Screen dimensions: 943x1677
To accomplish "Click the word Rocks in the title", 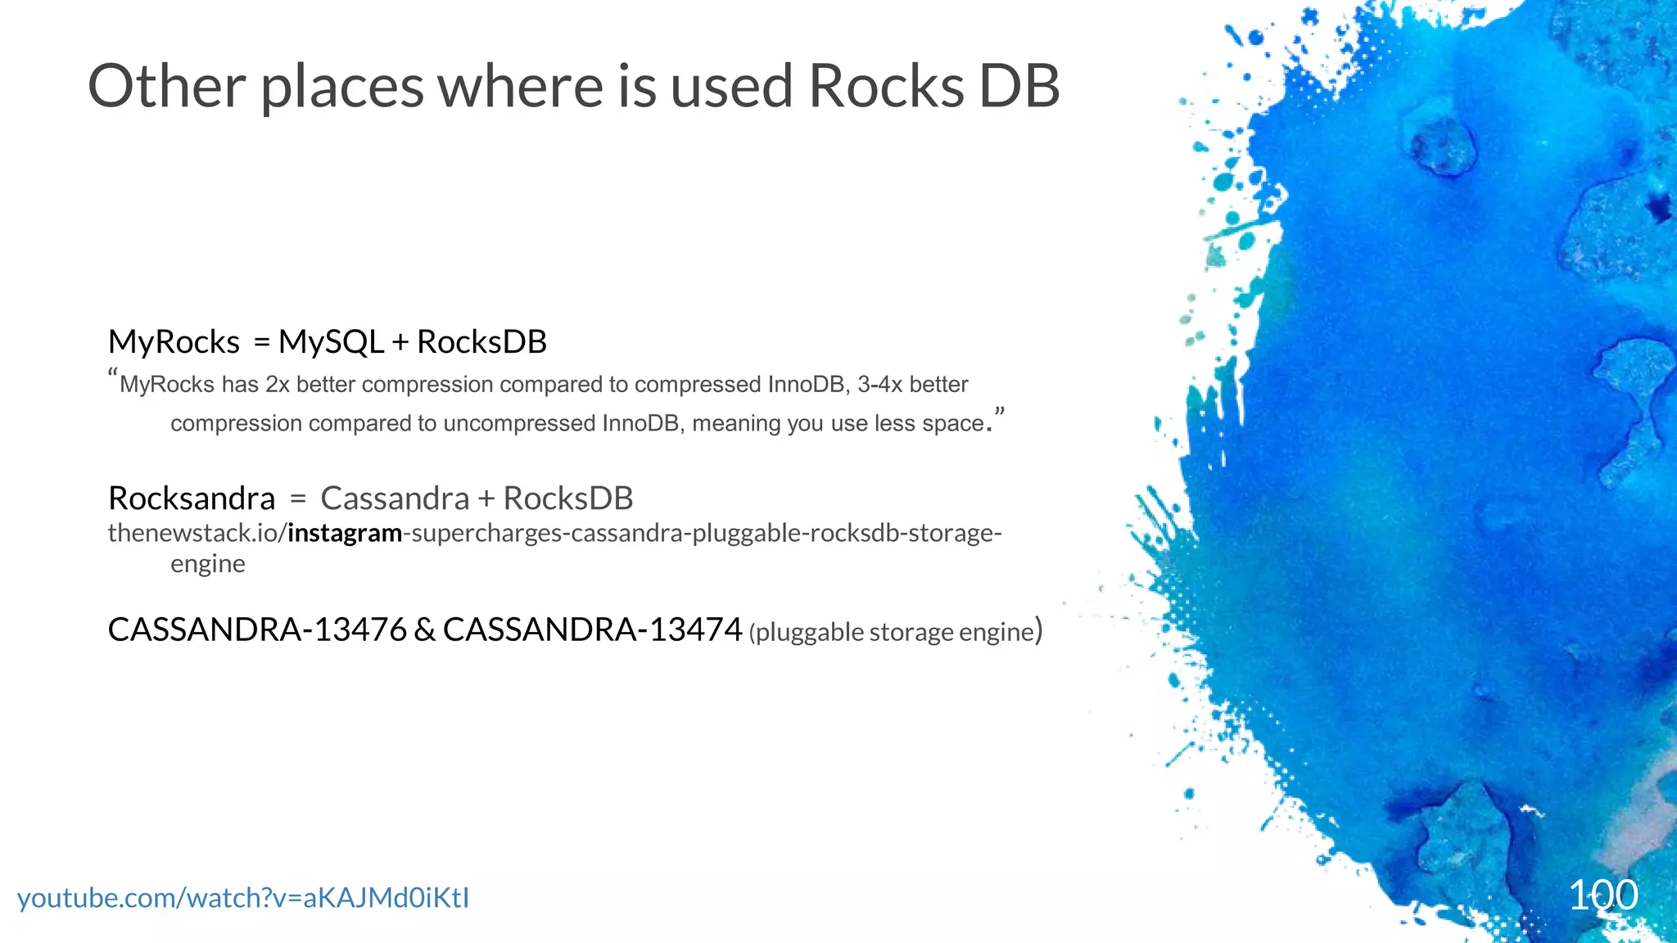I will [885, 86].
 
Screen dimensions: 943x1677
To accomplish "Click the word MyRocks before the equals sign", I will [174, 342].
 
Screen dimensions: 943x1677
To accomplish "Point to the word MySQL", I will [331, 342].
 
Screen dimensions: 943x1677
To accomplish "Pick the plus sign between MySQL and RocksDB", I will [400, 343].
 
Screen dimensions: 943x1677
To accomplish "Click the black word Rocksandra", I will [192, 499].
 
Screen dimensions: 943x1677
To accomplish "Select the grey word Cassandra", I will [395, 499].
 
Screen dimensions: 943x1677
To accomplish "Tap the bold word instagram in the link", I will [345, 534].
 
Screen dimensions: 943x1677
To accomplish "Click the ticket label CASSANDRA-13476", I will [257, 630].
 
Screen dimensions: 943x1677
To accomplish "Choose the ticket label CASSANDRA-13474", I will [592, 630].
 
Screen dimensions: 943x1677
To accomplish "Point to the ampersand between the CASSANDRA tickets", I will [425, 630].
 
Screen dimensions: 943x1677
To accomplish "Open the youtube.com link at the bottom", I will [243, 898].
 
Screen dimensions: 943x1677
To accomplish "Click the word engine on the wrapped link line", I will [208, 565].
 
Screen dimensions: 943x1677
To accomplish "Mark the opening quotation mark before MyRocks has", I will [113, 376].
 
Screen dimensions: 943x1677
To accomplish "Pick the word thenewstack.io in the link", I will [193, 534].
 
